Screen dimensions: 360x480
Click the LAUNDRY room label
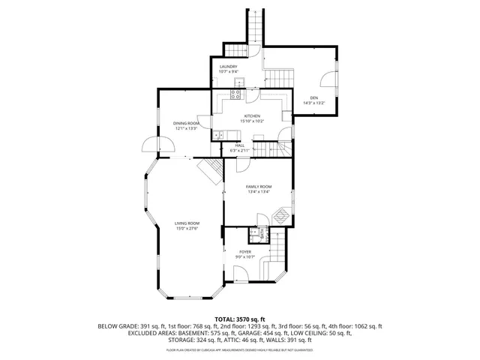coord(228,67)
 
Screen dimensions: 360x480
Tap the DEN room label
coord(314,97)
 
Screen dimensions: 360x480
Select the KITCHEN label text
coord(251,115)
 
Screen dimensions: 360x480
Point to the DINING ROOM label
coord(186,123)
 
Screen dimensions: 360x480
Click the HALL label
coord(239,145)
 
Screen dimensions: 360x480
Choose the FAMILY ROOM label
coord(259,186)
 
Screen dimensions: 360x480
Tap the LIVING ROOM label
coord(187,223)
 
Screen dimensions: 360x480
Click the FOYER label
coord(245,251)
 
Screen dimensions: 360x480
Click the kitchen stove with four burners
coord(236,94)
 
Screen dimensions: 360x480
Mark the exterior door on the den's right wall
coord(328,79)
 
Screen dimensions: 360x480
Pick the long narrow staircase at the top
coord(256,26)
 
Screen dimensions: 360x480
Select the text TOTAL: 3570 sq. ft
coord(240,319)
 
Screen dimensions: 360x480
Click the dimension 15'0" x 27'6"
coord(187,229)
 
